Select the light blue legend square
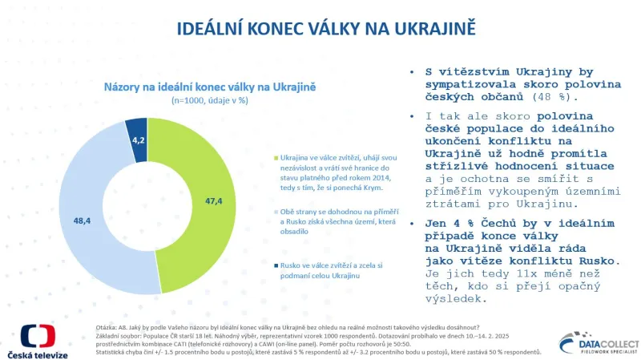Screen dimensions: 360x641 (x=275, y=211)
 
